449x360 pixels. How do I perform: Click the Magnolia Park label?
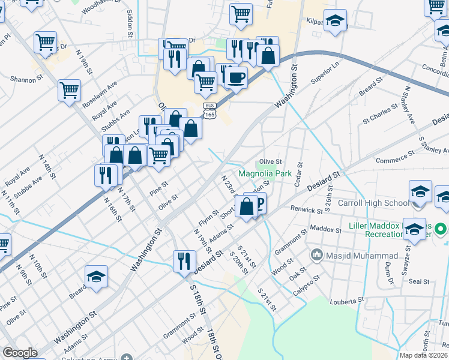[x=265, y=174]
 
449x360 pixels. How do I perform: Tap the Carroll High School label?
[x=373, y=203]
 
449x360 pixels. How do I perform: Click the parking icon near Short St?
[x=258, y=205]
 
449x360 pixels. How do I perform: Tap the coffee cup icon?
[x=237, y=77]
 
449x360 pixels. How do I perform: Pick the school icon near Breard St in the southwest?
[x=96, y=277]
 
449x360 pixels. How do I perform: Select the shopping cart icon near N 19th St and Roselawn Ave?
[x=70, y=91]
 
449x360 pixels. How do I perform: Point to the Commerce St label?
[x=392, y=160]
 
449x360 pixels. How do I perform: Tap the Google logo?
[x=20, y=353]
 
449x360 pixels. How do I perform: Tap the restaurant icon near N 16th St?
[x=106, y=175]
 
